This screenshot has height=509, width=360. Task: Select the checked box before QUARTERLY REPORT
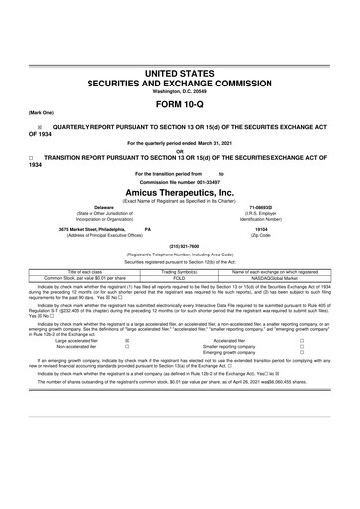(x=40, y=129)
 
